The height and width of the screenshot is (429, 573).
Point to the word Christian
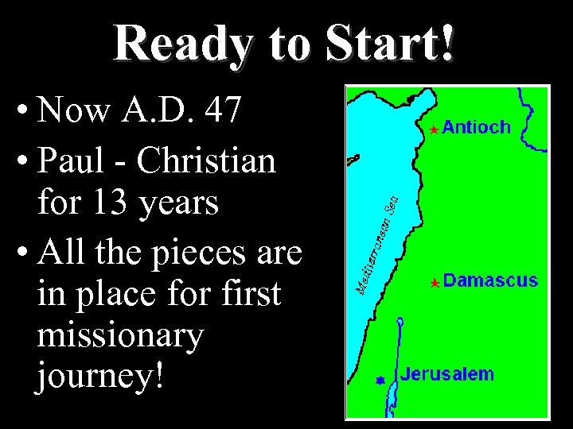[x=206, y=161]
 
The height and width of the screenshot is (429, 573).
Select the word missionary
[x=120, y=336]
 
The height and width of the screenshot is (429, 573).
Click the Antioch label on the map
[x=476, y=126]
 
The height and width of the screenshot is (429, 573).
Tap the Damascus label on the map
[x=490, y=280]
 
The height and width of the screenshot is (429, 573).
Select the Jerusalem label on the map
[x=446, y=374]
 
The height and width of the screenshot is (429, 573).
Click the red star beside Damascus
[x=434, y=282]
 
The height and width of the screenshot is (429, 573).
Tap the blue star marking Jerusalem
[x=380, y=381]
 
